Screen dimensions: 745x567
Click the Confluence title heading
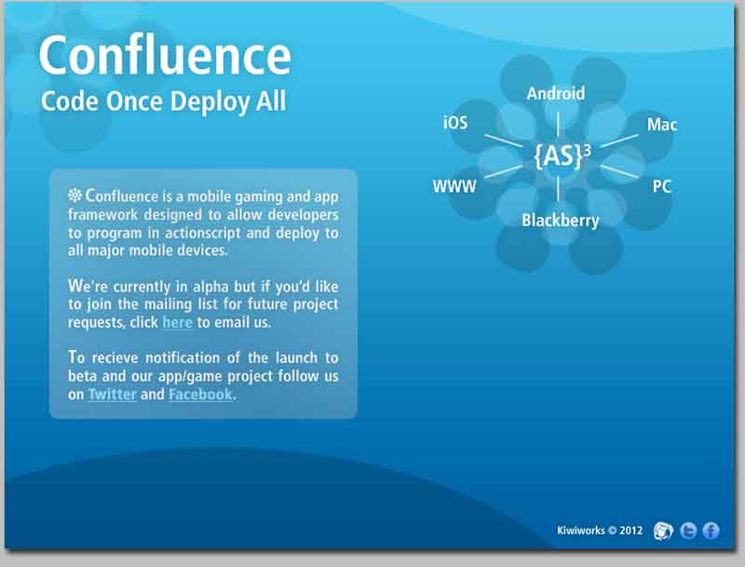pos(165,56)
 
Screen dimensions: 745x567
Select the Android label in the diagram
pos(555,93)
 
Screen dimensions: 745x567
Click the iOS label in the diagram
pos(455,123)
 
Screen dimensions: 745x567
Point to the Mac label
pos(662,125)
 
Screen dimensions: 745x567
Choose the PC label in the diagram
pos(661,186)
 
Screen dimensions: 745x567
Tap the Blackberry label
pos(561,221)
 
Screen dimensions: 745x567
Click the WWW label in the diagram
pos(454,186)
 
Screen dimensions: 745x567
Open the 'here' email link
pos(177,322)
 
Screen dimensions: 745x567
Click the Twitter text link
pos(112,394)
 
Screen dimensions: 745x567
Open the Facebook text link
pos(200,394)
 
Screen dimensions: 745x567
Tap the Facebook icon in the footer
pos(711,531)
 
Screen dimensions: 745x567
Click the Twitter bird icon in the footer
pos(688,531)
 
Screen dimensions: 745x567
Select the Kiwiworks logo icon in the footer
pos(663,531)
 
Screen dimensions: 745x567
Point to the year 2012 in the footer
pos(631,530)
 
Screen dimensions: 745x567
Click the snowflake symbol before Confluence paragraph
pos(75,195)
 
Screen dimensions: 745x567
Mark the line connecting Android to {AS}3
pos(558,124)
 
